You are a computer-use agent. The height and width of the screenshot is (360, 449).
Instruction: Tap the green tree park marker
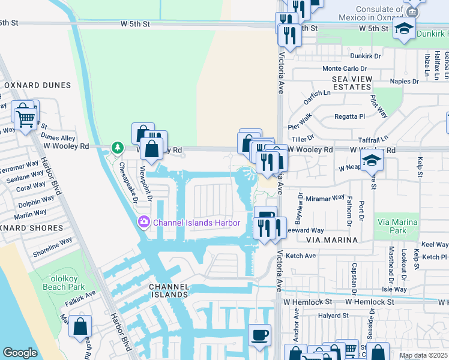click(x=117, y=148)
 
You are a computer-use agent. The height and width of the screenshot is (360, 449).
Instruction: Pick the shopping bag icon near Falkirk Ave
click(x=80, y=327)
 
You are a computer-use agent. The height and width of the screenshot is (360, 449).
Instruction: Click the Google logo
click(x=20, y=353)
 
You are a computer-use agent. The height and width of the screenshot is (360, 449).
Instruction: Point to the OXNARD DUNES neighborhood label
click(x=37, y=86)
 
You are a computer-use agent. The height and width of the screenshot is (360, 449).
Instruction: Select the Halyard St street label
click(x=333, y=316)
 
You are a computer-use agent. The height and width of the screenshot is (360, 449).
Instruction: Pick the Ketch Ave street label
click(x=301, y=256)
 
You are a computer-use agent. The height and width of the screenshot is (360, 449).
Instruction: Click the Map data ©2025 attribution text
click(x=423, y=355)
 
